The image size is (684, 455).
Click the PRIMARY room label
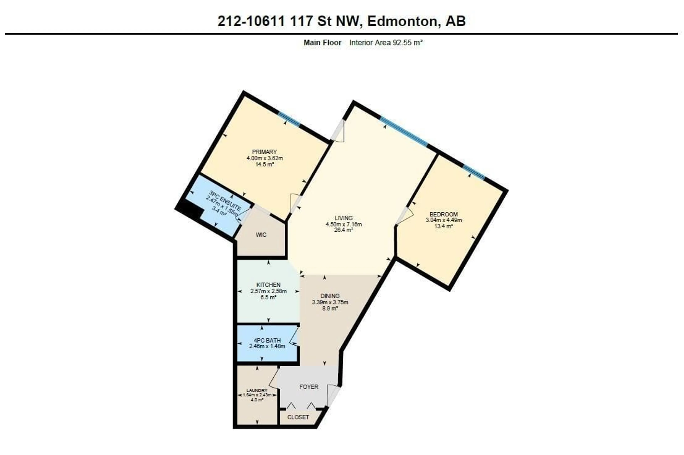click(264, 152)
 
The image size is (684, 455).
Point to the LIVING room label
click(344, 218)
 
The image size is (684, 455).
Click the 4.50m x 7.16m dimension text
click(344, 224)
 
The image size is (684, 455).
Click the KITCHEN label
click(268, 285)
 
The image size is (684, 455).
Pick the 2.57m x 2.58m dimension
click(268, 291)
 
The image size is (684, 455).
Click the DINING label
click(330, 296)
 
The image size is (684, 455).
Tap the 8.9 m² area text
click(330, 309)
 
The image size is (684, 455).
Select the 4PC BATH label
click(267, 340)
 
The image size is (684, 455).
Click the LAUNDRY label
click(257, 391)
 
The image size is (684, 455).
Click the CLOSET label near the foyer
click(298, 417)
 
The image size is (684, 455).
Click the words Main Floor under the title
click(322, 43)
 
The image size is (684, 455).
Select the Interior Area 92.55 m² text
click(386, 43)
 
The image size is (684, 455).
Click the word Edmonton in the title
click(402, 21)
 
